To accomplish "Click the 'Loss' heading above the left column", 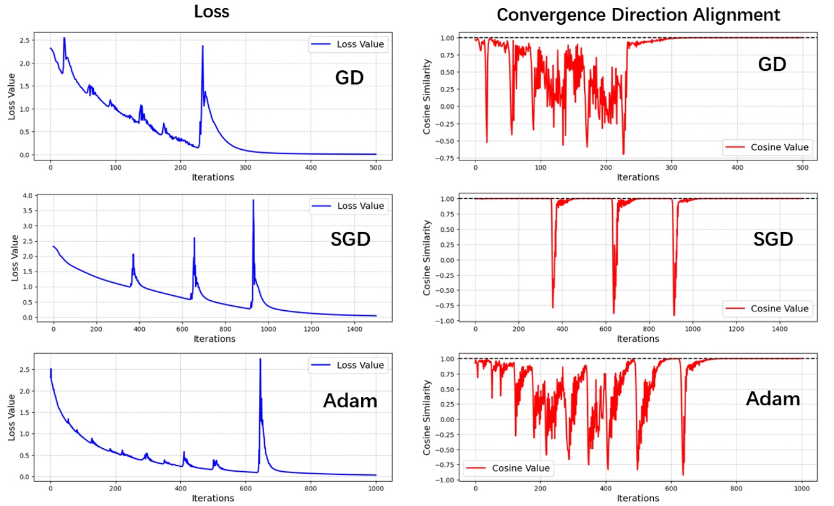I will [x=211, y=12].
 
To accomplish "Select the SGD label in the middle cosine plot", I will [x=773, y=238].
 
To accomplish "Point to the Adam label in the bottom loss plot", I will [x=350, y=401].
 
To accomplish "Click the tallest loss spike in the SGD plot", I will [x=253, y=201].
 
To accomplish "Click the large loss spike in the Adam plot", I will [x=260, y=359].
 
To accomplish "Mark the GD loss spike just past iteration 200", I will [x=202, y=47].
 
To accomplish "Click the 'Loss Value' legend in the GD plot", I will [x=347, y=44].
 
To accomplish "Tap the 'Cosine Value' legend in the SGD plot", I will [x=766, y=308].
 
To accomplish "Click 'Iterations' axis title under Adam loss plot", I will [x=214, y=498].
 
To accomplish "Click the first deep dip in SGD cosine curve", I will [x=552, y=307].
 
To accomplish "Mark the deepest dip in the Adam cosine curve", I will [x=683, y=474].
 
